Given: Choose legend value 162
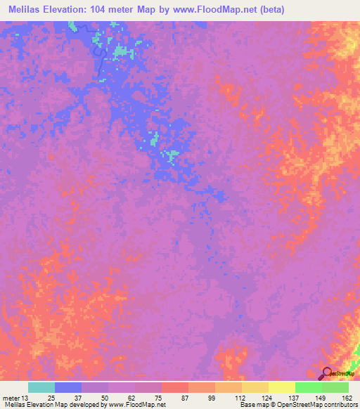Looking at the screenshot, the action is coord(344,398).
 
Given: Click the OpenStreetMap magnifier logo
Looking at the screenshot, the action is coord(327,374).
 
